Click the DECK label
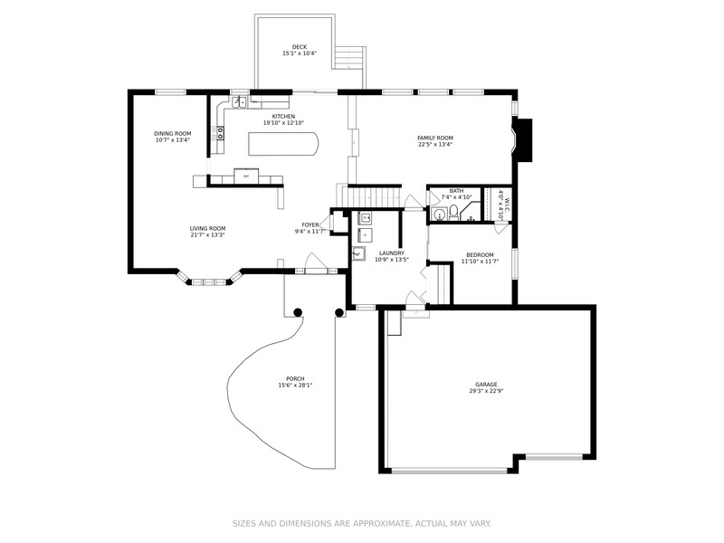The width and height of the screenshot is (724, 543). [299, 47]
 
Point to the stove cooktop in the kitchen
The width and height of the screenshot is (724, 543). [218, 134]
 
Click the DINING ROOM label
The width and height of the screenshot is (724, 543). [172, 133]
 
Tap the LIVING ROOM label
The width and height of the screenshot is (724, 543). [207, 228]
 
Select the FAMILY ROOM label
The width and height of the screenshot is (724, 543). [434, 138]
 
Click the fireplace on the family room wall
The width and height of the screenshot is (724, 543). [524, 138]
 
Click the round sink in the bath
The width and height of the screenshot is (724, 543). [438, 214]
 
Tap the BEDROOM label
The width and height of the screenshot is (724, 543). [480, 255]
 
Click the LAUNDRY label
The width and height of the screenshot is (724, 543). [391, 253]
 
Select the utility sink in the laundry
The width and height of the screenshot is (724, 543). [359, 254]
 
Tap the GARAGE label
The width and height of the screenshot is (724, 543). [486, 384]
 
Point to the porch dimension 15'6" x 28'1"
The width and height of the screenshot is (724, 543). [295, 386]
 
